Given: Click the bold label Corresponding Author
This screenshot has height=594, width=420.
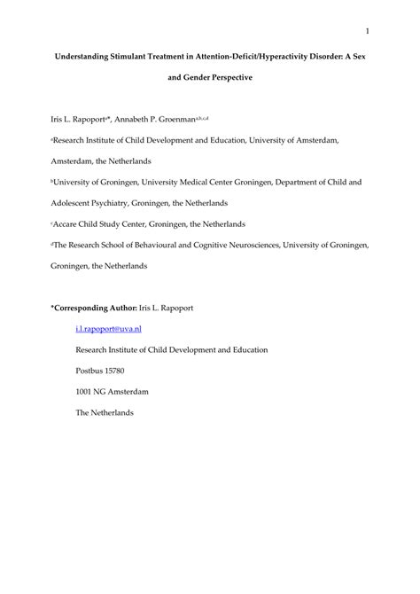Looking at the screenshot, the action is point(96,307).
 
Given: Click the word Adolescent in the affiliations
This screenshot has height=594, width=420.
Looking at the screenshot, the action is point(76,202).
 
